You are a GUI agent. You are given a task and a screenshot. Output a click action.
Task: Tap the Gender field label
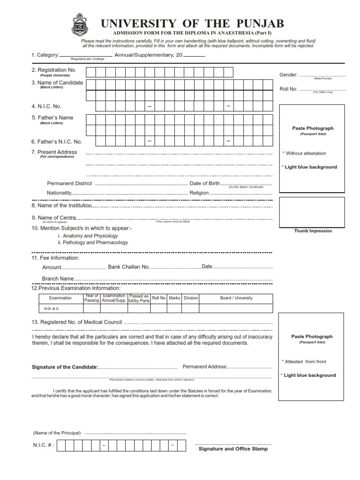(288, 75)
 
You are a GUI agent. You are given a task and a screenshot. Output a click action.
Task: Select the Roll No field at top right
(313, 89)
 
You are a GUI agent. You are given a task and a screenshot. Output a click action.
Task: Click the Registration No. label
(54, 70)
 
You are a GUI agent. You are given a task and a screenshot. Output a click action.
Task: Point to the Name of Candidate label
(57, 83)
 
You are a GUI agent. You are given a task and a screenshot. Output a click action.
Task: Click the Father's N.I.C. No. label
(57, 142)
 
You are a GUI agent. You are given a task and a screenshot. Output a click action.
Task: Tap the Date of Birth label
(204, 183)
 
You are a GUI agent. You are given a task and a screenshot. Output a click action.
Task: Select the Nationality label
(59, 193)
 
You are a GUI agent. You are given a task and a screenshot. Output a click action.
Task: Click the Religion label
(199, 193)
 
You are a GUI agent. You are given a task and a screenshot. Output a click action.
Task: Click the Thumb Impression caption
(313, 231)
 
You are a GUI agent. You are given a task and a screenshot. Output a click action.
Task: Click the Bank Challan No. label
(128, 267)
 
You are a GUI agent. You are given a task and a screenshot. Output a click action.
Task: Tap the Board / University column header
(236, 298)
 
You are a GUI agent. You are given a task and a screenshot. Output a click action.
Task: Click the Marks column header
(174, 298)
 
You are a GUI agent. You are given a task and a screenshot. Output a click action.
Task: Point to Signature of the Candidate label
(65, 367)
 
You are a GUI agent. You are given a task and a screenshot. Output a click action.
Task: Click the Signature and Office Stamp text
(233, 449)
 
